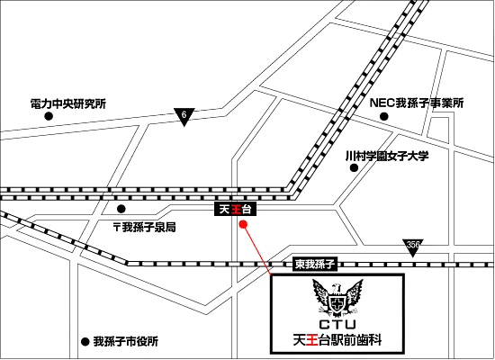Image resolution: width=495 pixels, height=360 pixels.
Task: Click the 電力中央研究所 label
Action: coord(68,103)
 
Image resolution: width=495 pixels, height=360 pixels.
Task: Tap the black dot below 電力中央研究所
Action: coord(49,116)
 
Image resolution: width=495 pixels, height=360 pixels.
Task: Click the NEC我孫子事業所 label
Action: coord(417,103)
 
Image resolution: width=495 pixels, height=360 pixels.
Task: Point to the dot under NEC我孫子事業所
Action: coord(383,116)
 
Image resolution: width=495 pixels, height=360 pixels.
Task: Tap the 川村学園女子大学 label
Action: coord(387,156)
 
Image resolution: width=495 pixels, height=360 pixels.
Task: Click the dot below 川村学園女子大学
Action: coord(354,167)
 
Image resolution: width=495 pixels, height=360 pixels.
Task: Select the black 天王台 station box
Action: coord(235,209)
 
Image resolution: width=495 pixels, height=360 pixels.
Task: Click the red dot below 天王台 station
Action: coord(243,224)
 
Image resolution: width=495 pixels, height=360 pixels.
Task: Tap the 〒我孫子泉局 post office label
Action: coord(145,227)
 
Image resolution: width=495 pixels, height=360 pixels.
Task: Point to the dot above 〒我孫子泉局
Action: coord(121,209)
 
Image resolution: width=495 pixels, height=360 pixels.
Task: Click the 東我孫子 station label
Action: coord(315,264)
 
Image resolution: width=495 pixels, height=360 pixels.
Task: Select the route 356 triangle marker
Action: coord(412,247)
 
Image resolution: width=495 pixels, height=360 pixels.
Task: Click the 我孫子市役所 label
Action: coord(126,341)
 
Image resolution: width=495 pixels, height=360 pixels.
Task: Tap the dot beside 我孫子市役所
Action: coord(85,342)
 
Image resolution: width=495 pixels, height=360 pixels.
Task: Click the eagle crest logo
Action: coord(337,298)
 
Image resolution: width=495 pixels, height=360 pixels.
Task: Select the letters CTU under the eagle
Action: coord(337,324)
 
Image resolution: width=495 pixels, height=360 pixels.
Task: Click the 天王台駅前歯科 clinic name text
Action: coord(337,340)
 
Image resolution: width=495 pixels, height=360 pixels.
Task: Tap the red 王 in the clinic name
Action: coord(312,340)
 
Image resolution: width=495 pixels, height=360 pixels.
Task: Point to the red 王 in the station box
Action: coord(235,209)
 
